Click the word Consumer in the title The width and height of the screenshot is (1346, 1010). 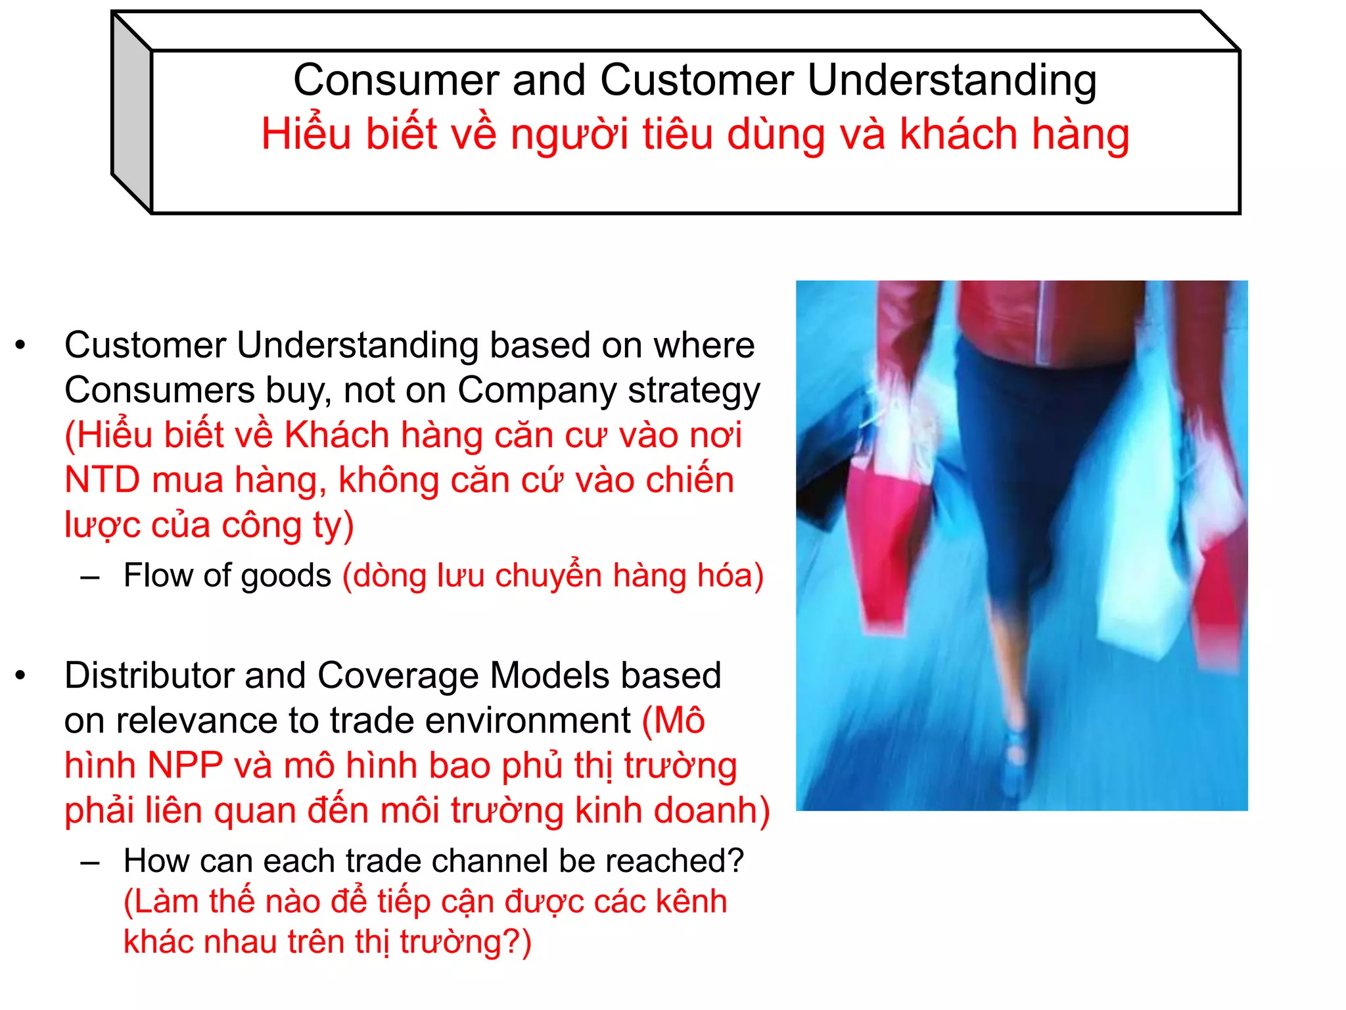coord(396,80)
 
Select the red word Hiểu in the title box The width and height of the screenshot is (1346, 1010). coord(306,134)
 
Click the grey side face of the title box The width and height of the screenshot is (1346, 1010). coord(131,112)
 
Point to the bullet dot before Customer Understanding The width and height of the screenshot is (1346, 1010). coord(20,345)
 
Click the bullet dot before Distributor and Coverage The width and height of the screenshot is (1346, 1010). coord(20,675)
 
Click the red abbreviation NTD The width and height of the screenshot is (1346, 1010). coord(103,480)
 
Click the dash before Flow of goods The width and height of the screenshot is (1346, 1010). coord(90,578)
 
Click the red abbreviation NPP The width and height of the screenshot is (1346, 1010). coord(185,765)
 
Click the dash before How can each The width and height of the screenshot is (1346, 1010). coord(90,863)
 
